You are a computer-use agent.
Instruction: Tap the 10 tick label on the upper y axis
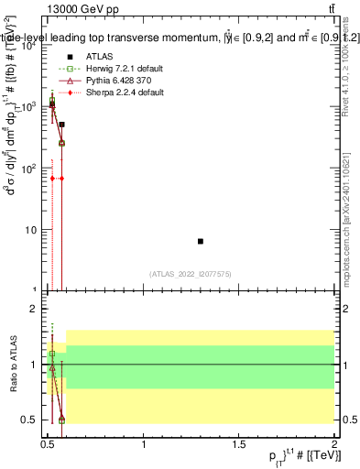tap(32, 229)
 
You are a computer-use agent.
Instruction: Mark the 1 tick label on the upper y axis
tap(36, 290)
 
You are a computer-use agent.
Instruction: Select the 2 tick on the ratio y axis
tap(36, 309)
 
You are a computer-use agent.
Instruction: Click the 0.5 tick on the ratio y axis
tap(30, 420)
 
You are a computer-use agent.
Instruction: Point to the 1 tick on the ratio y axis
tap(36, 365)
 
